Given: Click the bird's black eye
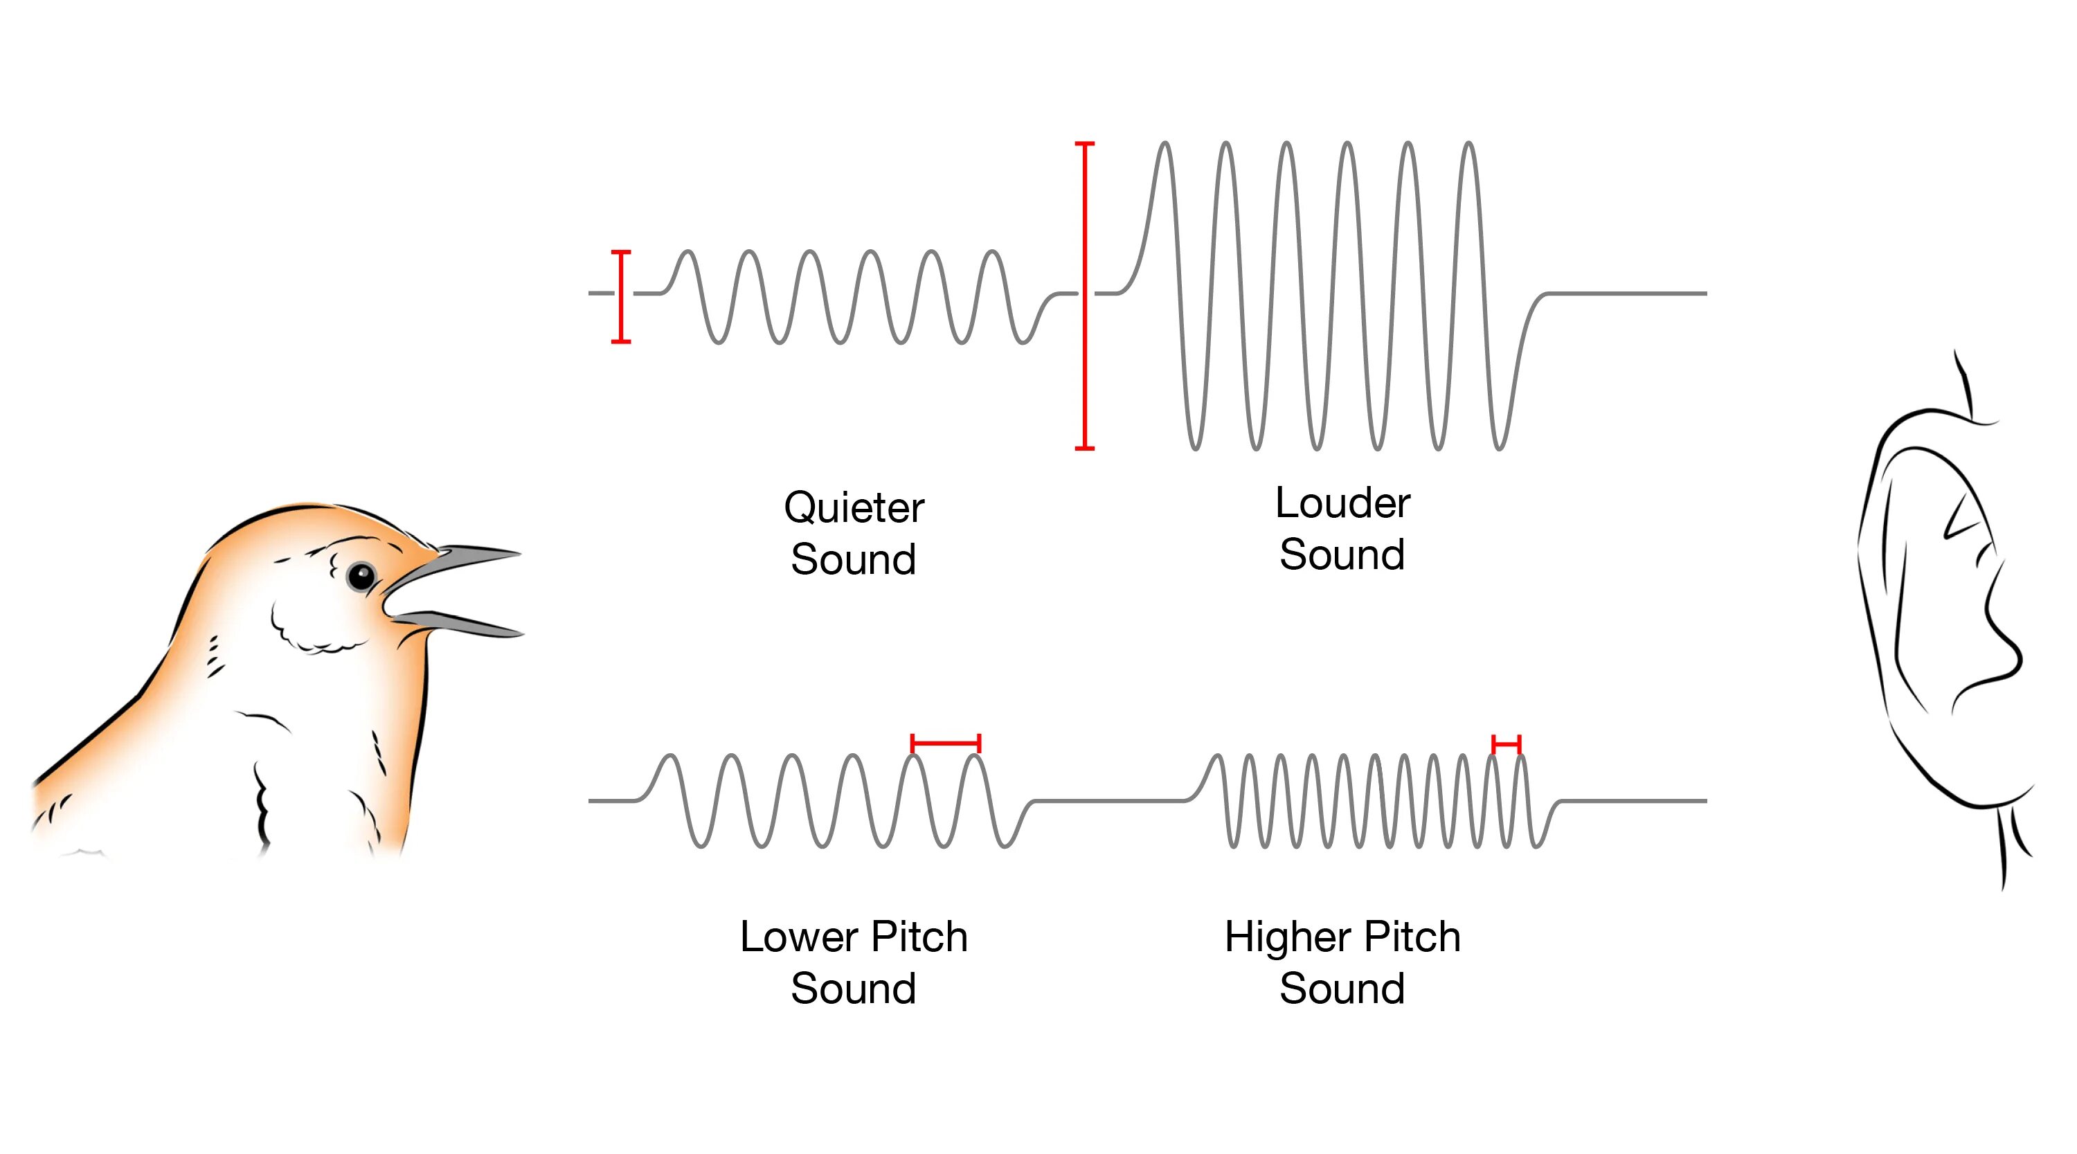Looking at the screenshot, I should pos(361,576).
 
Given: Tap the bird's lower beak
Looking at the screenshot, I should pos(467,623).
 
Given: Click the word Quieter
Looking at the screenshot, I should pos(854,508).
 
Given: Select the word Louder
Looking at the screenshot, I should pos(1342,503).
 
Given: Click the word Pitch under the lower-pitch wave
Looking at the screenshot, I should pos(919,937).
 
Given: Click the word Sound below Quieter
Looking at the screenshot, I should pos(854,559).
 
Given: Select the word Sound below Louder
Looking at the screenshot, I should pos(1342,555).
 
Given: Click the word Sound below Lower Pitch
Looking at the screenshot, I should pos(854,989).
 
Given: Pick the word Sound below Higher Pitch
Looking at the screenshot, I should pos(1342,989).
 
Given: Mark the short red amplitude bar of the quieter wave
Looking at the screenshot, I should pos(621,297).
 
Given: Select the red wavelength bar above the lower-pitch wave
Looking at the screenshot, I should pos(945,743).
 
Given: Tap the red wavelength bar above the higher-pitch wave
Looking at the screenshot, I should pos(1506,743).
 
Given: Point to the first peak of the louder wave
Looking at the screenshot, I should pos(1165,145).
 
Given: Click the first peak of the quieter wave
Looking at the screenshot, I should pos(687,253).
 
